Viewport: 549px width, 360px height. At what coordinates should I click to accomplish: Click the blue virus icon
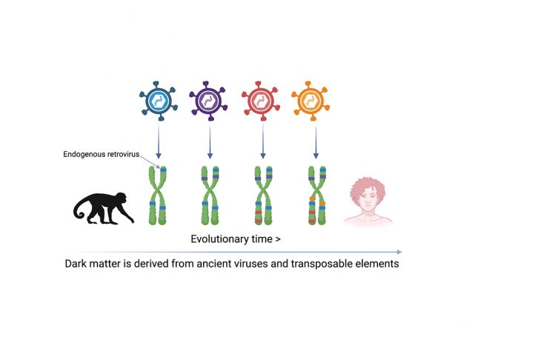pos(159,101)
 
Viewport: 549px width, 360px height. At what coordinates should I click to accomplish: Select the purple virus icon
pos(208,101)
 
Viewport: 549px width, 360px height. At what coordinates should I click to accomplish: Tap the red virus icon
pos(261,101)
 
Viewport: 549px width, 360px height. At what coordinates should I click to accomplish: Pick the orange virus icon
pos(310,101)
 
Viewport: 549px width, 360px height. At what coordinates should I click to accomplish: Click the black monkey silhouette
pos(103,208)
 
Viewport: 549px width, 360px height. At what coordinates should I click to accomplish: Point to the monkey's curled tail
pos(79,210)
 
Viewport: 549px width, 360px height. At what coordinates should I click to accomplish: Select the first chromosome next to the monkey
pos(158,196)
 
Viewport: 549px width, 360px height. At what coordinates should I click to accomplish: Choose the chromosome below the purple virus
pos(210,196)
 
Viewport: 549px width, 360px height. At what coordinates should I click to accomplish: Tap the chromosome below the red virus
pos(263,196)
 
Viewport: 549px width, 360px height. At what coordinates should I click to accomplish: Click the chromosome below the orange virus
pos(317,196)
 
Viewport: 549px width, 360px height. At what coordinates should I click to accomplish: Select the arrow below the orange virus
pos(316,141)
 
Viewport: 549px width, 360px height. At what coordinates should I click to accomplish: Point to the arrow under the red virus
pos(263,141)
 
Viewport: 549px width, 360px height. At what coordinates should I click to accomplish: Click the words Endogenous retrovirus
pos(102,154)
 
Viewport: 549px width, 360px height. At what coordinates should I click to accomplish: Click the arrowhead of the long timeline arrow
pos(399,252)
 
